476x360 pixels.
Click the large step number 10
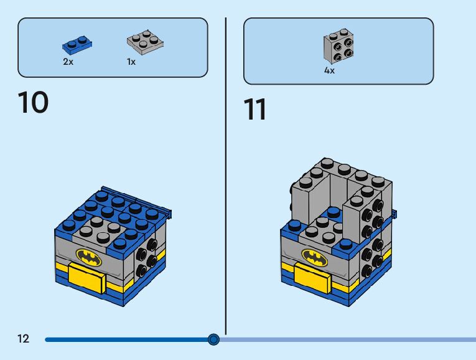click(34, 103)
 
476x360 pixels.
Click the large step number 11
click(254, 110)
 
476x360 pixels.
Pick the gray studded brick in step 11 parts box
click(338, 47)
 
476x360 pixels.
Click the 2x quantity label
click(68, 62)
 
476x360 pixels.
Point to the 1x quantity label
click(131, 62)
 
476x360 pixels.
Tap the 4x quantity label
click(329, 71)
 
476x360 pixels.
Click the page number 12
click(24, 339)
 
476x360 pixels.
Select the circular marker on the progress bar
click(213, 339)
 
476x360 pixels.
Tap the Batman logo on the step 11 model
click(314, 256)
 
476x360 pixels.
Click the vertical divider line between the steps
click(225, 174)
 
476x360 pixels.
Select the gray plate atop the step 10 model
click(100, 229)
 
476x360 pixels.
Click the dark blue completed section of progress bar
click(124, 339)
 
